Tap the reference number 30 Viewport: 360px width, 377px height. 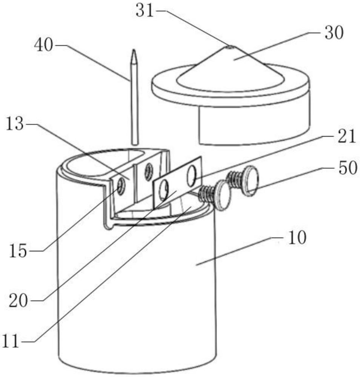click(x=334, y=33)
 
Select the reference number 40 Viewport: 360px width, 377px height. click(x=43, y=45)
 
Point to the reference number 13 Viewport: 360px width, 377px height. click(x=15, y=124)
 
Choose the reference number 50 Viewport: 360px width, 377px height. click(x=348, y=168)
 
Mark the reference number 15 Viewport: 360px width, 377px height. click(x=18, y=251)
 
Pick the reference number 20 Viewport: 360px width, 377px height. click(x=18, y=301)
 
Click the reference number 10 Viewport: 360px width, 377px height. click(x=297, y=238)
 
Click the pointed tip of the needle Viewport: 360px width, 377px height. click(x=134, y=50)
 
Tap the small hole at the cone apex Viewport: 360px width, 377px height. click(x=229, y=47)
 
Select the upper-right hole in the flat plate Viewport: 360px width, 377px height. click(x=192, y=176)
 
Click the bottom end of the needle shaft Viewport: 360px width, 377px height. click(x=135, y=144)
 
